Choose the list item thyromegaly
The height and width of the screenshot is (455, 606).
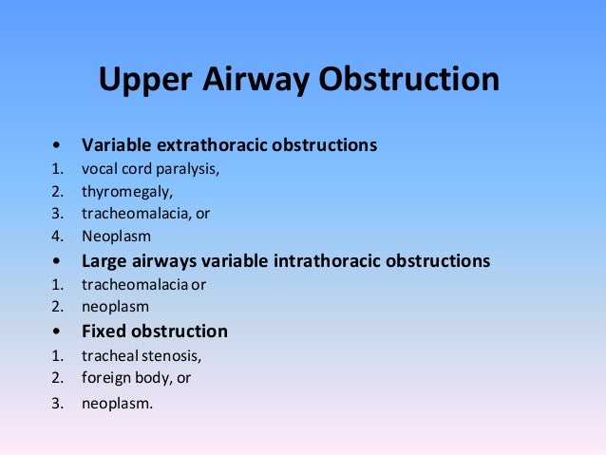pos(126,192)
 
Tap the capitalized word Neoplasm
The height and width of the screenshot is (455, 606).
pos(116,237)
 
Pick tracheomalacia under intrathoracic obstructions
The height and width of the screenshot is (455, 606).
pos(134,284)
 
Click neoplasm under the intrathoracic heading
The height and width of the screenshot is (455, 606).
pos(115,307)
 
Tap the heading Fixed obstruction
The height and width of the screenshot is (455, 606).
pos(154,332)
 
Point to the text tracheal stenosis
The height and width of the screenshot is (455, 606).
pos(142,356)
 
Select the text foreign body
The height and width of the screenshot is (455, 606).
pos(126,378)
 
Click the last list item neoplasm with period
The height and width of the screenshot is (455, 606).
pos(118,403)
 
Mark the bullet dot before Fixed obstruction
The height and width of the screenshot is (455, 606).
pos(60,332)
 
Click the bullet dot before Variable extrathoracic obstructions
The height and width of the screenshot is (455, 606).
pos(60,147)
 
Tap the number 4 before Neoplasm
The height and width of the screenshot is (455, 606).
pos(57,237)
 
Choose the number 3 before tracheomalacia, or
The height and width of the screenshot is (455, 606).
pos(57,214)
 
